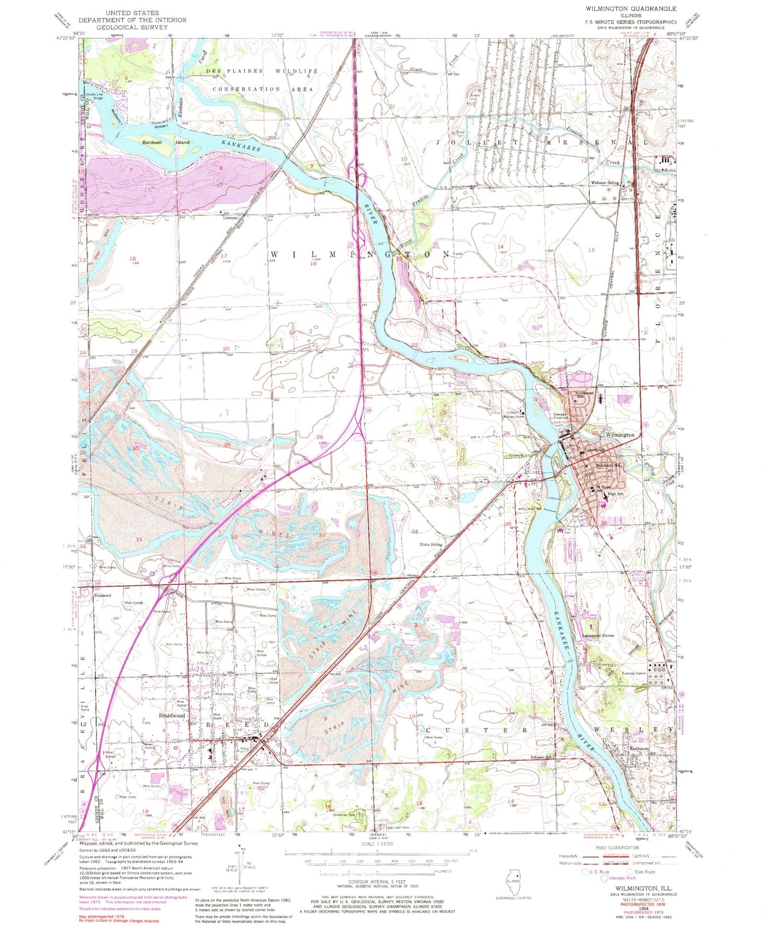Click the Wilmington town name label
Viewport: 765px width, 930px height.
(x=620, y=434)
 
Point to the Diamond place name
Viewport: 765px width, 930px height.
(x=102, y=595)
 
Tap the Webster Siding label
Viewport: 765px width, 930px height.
(x=605, y=183)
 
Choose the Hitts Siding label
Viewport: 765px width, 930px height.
(x=431, y=544)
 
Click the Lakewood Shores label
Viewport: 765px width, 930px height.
(x=598, y=636)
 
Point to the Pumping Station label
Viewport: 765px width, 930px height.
(x=634, y=674)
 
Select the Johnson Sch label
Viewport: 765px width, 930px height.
(x=542, y=757)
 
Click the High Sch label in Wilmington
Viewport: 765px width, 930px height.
(x=616, y=494)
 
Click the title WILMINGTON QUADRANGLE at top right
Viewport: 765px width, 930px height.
(x=631, y=9)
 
